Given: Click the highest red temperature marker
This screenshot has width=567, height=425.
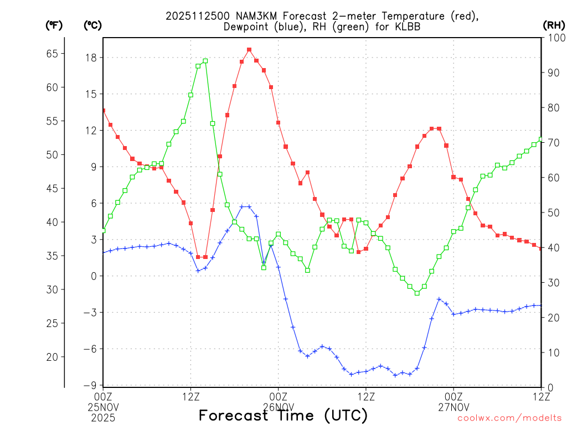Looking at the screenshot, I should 249,50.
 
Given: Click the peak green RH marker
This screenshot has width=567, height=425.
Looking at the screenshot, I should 205,61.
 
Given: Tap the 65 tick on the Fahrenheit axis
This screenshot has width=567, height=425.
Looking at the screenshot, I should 52,54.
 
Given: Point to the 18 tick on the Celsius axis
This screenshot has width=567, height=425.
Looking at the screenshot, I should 91,58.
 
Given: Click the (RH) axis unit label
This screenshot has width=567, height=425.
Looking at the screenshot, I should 553,25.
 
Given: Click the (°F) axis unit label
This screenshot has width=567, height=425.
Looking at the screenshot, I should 54,25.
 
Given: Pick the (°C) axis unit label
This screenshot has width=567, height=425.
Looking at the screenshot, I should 92,25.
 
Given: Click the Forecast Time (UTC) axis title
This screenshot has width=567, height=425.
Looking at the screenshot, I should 283,415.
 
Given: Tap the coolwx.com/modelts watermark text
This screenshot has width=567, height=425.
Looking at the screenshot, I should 509,418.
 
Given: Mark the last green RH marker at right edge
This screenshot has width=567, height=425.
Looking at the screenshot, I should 541,139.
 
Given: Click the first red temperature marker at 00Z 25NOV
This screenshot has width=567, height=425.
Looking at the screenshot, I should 104,111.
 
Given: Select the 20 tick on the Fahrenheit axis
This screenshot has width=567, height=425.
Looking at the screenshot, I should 52,357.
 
